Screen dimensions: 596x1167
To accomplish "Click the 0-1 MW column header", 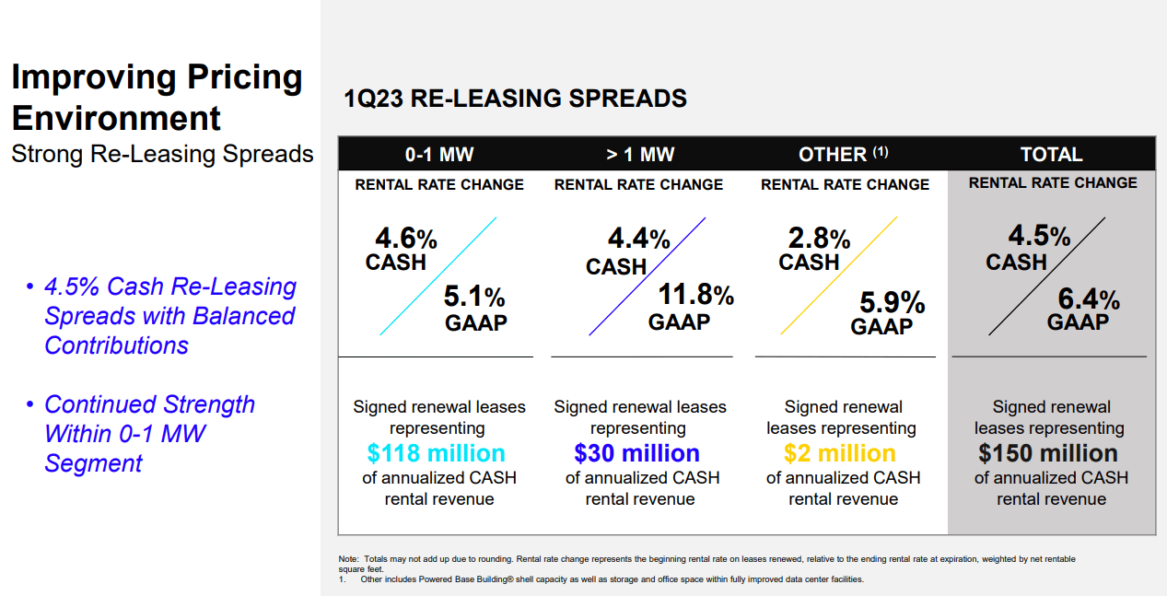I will pyautogui.click(x=438, y=154).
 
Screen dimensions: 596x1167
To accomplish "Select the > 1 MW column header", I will pyautogui.click(x=639, y=154).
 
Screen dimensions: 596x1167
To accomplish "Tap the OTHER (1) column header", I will pyautogui.click(x=843, y=154).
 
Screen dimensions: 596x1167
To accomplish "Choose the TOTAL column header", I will pyautogui.click(x=1051, y=154).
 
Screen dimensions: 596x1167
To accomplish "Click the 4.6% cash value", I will pyautogui.click(x=405, y=240).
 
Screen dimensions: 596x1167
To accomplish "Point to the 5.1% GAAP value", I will pyautogui.click(x=474, y=298).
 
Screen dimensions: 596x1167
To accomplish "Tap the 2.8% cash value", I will pyautogui.click(x=818, y=240).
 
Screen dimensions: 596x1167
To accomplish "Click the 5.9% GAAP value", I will pyautogui.click(x=892, y=302).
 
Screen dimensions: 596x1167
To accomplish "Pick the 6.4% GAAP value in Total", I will pyautogui.click(x=1088, y=298).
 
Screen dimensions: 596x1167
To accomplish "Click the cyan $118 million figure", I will pyautogui.click(x=436, y=453).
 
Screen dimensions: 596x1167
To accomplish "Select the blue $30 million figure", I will pyautogui.click(x=636, y=453).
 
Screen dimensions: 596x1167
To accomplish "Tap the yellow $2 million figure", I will pyautogui.click(x=839, y=453).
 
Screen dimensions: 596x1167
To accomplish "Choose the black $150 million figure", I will pyautogui.click(x=1048, y=453).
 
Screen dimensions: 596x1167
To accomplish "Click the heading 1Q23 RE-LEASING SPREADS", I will pyautogui.click(x=515, y=99).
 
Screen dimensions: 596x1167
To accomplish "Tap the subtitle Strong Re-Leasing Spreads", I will pyautogui.click(x=162, y=154).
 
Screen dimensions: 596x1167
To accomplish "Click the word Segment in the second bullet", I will pyautogui.click(x=93, y=462).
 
